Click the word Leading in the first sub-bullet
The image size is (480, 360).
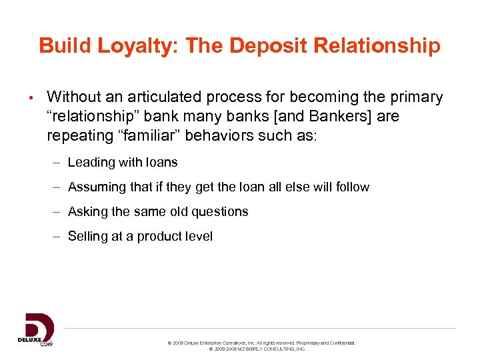pos(91,162)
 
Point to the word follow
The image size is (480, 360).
pos(352,187)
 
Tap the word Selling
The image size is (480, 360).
pos(89,236)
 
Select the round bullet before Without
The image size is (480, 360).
pos(31,99)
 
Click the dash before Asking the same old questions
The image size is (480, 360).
pos(58,212)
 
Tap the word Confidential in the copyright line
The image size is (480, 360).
pos(341,343)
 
